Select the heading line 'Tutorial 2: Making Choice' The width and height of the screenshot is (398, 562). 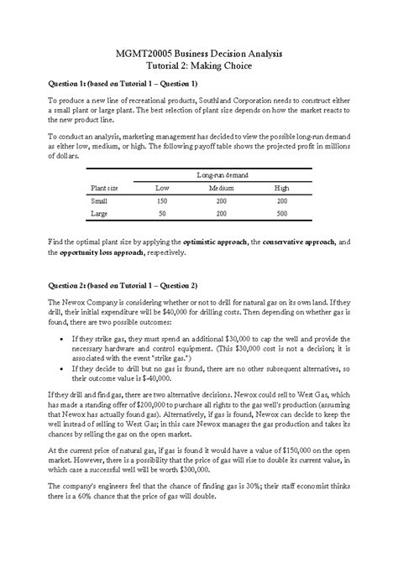click(x=199, y=65)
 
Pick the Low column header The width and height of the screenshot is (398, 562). click(x=163, y=188)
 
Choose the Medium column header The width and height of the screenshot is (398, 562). click(x=222, y=188)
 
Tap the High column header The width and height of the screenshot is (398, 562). click(x=282, y=188)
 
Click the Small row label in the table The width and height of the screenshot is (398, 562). click(x=99, y=201)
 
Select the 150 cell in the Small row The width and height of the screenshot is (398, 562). click(x=163, y=201)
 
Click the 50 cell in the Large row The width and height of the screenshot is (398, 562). click(x=163, y=214)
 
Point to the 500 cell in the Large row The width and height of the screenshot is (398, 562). click(x=282, y=214)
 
